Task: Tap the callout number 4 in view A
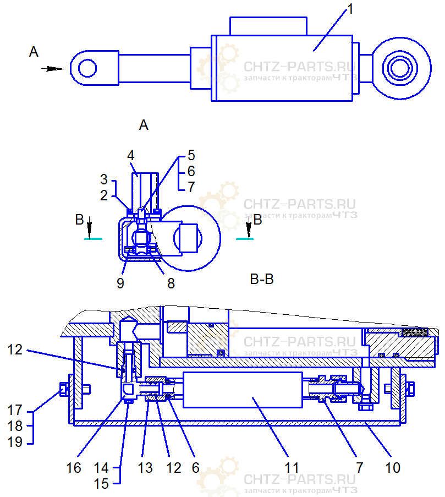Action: (131, 154)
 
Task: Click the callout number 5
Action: (191, 155)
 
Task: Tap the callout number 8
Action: (171, 283)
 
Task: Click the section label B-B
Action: (262, 280)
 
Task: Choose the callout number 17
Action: (15, 410)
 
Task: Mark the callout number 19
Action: (15, 441)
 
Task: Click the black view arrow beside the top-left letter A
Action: (53, 69)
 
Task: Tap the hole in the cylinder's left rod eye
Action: (87, 68)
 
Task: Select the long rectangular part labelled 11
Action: (242, 390)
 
